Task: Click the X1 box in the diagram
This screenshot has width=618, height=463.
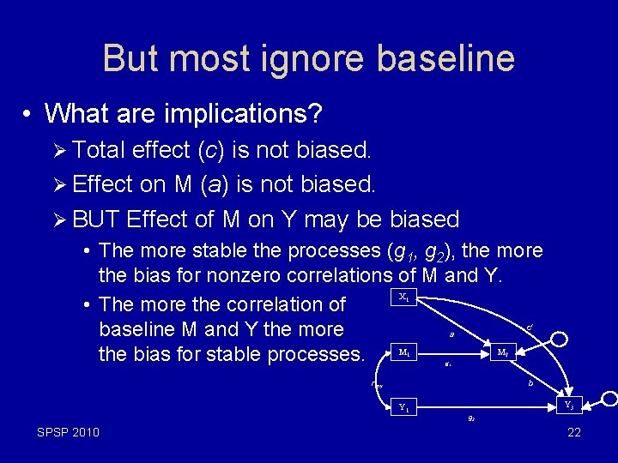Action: pos(404,297)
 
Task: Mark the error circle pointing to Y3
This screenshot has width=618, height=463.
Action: pos(609,398)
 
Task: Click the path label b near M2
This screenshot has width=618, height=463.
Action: pos(530,383)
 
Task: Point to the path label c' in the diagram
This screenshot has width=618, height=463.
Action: pos(530,327)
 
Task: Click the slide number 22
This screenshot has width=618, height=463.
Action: pos(574,432)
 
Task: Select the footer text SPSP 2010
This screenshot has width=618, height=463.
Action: pos(68,432)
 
